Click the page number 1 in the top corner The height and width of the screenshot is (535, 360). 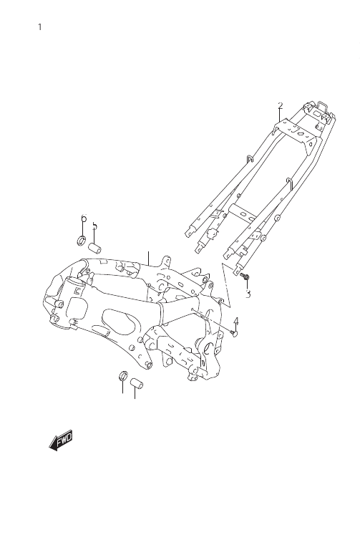(x=40, y=27)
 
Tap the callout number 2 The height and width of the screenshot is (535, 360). (x=281, y=106)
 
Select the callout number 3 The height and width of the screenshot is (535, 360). (x=248, y=294)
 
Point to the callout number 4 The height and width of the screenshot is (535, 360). (x=236, y=322)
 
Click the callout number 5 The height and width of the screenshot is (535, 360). (x=94, y=226)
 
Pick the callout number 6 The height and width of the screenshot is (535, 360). (x=84, y=218)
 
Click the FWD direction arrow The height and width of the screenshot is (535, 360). (x=61, y=440)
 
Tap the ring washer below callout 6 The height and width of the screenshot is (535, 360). (x=81, y=241)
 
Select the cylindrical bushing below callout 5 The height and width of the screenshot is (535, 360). (x=95, y=249)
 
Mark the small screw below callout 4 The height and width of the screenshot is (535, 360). (x=233, y=332)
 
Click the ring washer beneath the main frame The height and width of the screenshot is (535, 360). (x=123, y=375)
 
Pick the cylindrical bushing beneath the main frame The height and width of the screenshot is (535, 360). (x=137, y=382)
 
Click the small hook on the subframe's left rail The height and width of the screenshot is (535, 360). (x=250, y=159)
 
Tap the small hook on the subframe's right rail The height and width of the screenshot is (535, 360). (x=289, y=183)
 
